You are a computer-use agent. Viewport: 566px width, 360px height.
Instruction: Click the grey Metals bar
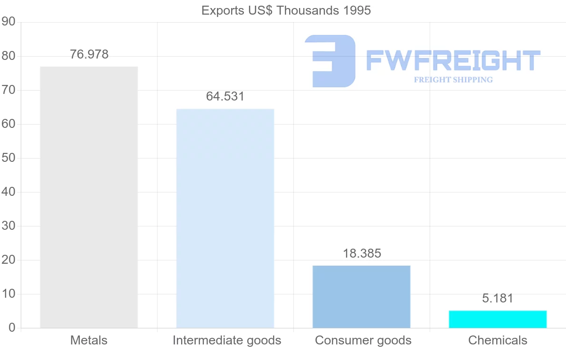point(89,197)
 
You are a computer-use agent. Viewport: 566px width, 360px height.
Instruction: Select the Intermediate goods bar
point(225,218)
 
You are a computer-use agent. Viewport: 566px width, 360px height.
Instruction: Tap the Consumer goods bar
point(361,297)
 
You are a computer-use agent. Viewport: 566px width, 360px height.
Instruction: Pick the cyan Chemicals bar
point(498,319)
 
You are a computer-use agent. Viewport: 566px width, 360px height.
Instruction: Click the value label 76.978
point(89,54)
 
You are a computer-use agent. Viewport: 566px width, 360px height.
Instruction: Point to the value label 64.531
point(225,96)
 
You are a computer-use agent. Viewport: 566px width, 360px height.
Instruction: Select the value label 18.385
point(362,253)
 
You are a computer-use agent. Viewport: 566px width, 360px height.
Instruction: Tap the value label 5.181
point(498,298)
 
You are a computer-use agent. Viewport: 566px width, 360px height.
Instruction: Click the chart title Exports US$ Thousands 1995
point(286,11)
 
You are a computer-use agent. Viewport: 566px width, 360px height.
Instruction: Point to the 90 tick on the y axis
point(8,22)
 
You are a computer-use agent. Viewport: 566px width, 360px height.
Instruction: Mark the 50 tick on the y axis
point(8,158)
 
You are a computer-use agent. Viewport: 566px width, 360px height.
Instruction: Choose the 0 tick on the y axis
point(12,327)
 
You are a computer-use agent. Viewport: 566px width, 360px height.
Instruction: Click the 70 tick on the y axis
point(8,90)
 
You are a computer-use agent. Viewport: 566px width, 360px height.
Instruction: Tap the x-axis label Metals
point(89,340)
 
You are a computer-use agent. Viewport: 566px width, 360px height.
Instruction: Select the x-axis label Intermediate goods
point(227,341)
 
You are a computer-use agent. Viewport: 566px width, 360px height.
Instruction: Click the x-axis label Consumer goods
point(363,341)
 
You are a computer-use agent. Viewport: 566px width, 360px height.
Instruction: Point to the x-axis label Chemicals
point(498,340)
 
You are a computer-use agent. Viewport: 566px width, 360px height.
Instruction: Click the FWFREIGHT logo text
point(453,60)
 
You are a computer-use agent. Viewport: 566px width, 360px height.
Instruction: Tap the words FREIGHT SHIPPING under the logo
point(453,80)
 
